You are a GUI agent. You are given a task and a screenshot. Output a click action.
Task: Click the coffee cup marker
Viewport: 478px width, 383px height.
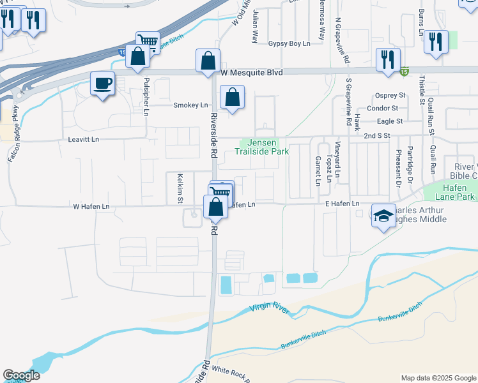102,83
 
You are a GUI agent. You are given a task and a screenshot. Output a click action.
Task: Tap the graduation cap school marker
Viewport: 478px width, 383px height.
383,216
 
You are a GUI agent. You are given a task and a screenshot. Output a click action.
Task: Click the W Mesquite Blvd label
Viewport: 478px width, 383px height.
251,73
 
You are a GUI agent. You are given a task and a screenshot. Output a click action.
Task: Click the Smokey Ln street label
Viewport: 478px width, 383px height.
190,105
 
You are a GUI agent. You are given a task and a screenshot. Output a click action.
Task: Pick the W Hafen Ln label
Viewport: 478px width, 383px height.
91,206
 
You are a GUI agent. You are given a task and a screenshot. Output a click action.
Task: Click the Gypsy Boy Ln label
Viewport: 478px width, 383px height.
289,43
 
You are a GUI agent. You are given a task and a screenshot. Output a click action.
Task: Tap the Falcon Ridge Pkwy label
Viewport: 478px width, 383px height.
14,137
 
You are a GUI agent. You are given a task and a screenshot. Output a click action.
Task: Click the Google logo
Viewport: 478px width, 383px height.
21,375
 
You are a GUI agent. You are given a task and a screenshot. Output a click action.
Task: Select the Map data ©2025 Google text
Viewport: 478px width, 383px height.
438,378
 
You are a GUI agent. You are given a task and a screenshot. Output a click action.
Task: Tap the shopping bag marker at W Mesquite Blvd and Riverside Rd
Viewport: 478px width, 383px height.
208,61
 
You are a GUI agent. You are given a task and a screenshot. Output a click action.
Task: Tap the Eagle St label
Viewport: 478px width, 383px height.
389,121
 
